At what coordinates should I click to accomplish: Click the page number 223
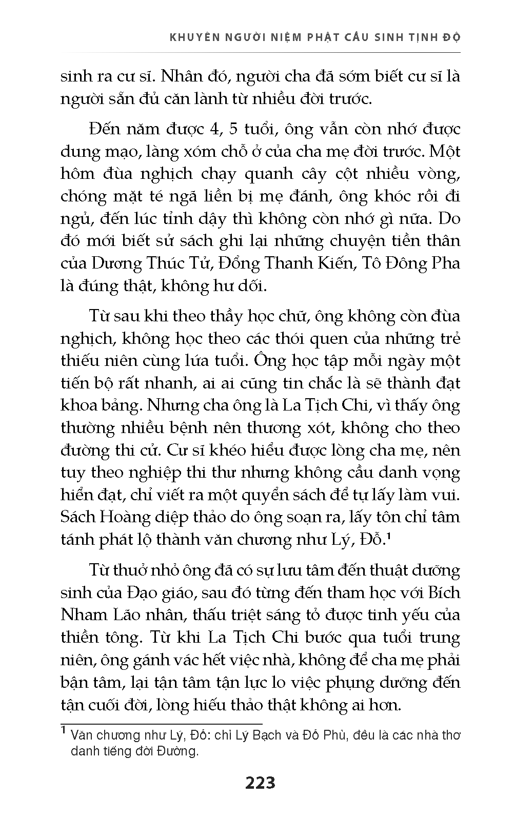click(x=260, y=783)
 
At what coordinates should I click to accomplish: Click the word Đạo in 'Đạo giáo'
click(x=140, y=593)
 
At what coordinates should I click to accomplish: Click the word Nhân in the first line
click(x=187, y=76)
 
